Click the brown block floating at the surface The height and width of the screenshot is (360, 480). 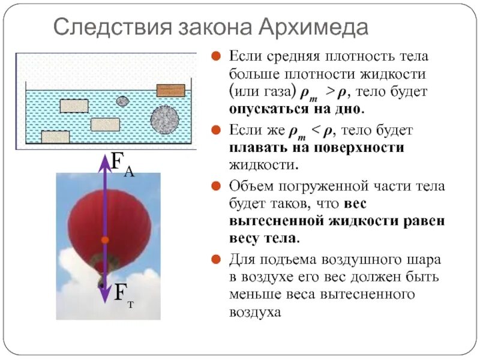pyautogui.click(x=171, y=90)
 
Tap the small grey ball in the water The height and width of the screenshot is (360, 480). pyautogui.click(x=122, y=101)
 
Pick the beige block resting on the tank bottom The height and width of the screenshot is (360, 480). pyautogui.click(x=55, y=137)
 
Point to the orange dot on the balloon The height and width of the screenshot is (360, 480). pyautogui.click(x=105, y=240)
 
